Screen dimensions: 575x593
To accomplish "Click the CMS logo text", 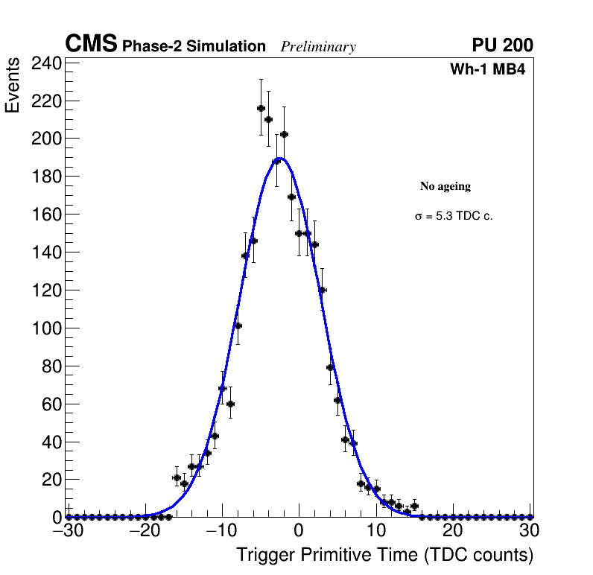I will [91, 45].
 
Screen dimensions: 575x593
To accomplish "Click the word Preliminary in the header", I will [318, 47].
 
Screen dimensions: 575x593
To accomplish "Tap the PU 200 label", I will [502, 45].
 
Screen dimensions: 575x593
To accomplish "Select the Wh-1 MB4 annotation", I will [488, 70].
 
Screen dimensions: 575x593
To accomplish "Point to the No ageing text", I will [445, 186].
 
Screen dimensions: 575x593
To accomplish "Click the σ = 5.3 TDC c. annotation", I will [454, 217].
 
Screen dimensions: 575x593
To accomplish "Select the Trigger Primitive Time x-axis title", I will [384, 555].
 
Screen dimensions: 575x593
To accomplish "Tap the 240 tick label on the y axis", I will [45, 63].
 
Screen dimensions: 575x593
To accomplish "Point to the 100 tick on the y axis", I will [45, 328].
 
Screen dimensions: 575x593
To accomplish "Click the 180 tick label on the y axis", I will [45, 177].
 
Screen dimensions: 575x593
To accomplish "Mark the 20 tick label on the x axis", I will [452, 530].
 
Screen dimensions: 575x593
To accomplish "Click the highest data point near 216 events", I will [261, 108].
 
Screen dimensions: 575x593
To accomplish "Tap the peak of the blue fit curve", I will [282, 157].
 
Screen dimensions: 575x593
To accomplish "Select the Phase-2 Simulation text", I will [194, 47].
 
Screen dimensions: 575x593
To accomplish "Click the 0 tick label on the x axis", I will [298, 530].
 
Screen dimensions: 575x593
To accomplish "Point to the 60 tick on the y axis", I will [51, 404].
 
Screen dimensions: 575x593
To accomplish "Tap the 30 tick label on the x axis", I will [529, 530].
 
